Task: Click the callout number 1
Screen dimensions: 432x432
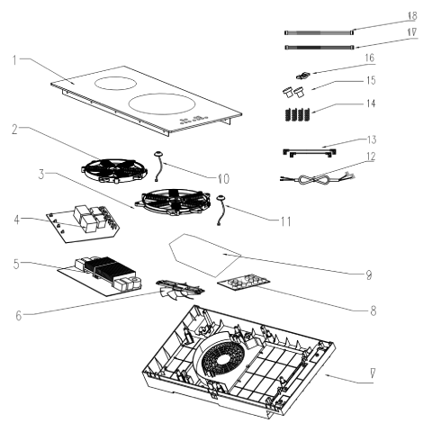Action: coord(14,60)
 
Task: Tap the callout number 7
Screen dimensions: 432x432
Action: coord(373,373)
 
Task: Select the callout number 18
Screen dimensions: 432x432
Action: coord(412,15)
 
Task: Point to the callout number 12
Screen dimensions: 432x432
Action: coord(371,157)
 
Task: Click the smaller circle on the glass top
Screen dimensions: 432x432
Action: coord(114,83)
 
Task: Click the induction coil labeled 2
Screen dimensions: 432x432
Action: coord(114,170)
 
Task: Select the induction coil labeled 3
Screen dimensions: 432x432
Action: coord(173,202)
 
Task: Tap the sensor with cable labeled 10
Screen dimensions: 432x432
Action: coord(158,166)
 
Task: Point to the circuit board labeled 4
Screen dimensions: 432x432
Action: coord(83,223)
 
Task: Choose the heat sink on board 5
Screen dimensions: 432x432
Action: coord(110,269)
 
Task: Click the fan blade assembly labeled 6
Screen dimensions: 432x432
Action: coord(180,290)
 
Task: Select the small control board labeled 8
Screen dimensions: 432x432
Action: coord(244,283)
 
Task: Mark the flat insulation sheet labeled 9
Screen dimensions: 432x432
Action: coord(205,255)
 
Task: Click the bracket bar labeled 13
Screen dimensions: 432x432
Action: coord(310,153)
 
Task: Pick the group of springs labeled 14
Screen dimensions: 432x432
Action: coord(296,114)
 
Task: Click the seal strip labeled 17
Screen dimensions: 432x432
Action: coord(319,47)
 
